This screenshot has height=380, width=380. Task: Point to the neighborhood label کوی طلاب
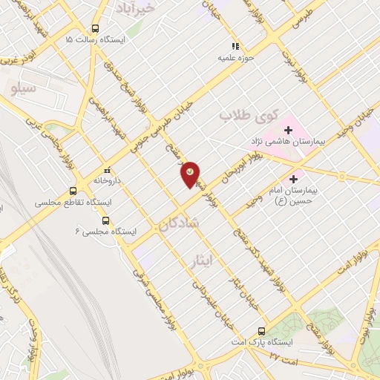point(249,117)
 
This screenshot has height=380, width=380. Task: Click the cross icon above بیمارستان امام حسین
point(294,179)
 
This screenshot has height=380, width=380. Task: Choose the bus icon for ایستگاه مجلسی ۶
point(105,220)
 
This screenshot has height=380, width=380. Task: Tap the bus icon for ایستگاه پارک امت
point(261,331)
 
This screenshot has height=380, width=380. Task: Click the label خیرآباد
point(138,7)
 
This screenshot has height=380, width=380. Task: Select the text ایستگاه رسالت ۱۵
point(100,39)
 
